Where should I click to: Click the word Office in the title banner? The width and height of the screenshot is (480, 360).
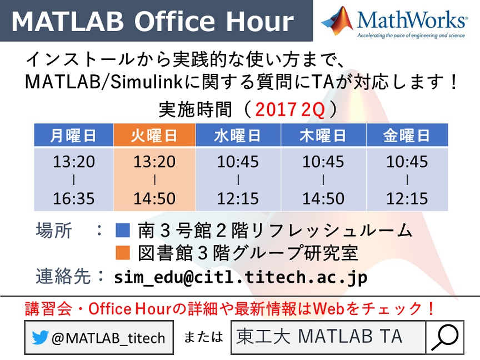point(175,22)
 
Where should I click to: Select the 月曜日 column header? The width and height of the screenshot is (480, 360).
point(73,135)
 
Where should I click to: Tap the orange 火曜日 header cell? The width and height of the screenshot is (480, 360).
point(154,135)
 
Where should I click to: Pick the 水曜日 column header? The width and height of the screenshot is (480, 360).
point(238,135)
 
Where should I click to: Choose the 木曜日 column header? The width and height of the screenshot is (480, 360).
point(323,135)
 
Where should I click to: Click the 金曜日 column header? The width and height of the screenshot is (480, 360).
point(407,135)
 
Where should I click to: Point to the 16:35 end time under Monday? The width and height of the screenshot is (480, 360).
point(74,198)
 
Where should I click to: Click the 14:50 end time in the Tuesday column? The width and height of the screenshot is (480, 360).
point(154,198)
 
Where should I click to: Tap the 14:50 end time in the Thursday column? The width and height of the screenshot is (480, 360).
point(323,198)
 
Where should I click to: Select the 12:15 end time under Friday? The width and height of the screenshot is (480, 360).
point(407,198)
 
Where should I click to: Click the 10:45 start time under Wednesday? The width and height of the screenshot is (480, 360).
point(238,161)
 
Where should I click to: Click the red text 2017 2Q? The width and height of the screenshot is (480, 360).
point(289,109)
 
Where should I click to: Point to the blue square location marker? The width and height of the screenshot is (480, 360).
point(123,230)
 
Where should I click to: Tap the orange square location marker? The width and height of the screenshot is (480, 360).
point(123,253)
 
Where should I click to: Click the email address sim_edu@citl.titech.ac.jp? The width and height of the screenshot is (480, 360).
point(241,277)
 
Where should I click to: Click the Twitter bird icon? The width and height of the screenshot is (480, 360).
point(40,337)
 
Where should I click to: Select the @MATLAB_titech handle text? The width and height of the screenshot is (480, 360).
point(108,338)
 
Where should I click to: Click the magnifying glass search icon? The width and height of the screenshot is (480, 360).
point(445,337)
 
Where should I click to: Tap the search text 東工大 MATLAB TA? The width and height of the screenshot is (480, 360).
point(319,337)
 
